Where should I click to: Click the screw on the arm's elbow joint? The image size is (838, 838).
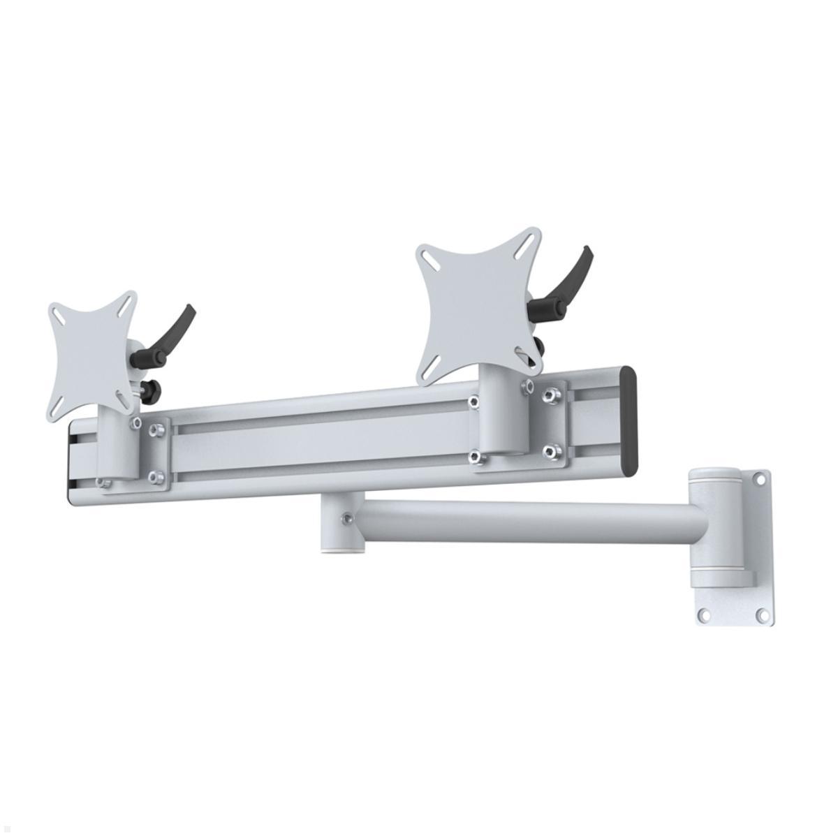(x=346, y=518)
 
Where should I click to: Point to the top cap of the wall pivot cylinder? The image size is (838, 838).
(x=713, y=473)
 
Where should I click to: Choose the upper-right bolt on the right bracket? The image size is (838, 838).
(x=554, y=395)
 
